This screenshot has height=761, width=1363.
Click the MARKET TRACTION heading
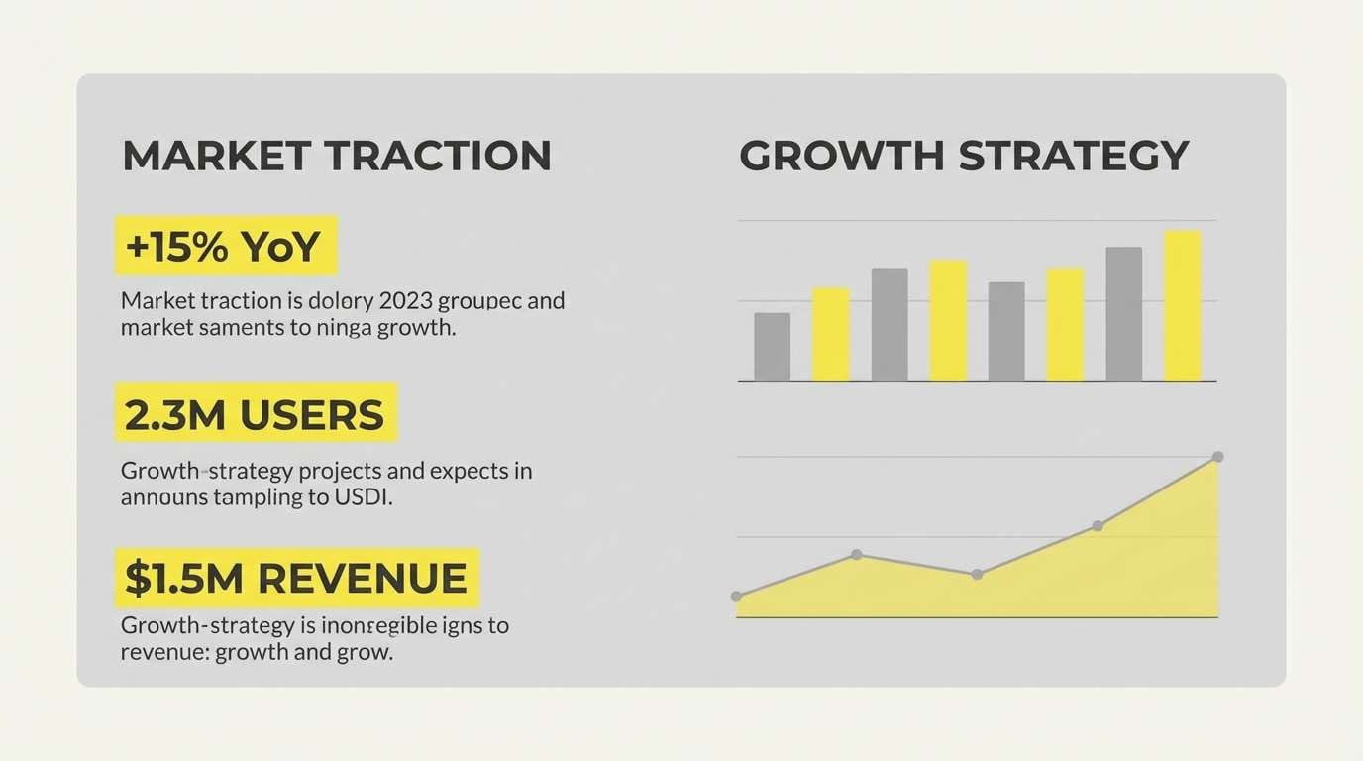click(x=337, y=157)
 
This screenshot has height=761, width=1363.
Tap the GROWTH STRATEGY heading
click(x=964, y=157)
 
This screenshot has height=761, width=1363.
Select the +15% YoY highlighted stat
click(x=226, y=246)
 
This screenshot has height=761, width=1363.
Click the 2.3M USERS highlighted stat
click(x=256, y=414)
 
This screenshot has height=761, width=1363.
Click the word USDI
click(x=364, y=497)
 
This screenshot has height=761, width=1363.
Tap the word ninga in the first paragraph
click(x=343, y=327)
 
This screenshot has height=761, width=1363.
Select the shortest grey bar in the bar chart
click(x=772, y=347)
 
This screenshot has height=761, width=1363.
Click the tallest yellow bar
click(x=1182, y=305)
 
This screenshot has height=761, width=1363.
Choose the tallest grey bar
click(x=1123, y=313)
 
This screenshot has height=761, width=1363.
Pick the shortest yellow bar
click(x=831, y=334)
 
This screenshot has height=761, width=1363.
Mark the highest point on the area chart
click(x=1217, y=457)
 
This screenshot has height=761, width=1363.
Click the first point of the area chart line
click(x=736, y=597)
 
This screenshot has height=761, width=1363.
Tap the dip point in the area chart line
click(x=977, y=574)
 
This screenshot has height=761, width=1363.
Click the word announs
click(x=162, y=497)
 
